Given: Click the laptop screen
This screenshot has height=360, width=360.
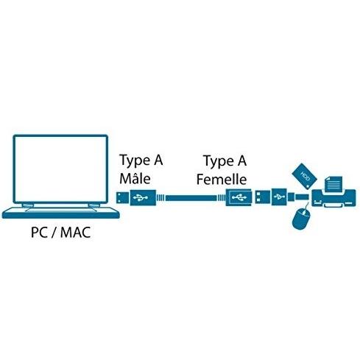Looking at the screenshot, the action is [x=60, y=169].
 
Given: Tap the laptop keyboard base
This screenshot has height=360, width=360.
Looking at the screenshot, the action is [x=60, y=213].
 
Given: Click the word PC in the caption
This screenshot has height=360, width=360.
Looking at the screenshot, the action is [x=39, y=232].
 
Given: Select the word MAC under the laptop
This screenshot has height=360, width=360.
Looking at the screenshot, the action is [x=76, y=232].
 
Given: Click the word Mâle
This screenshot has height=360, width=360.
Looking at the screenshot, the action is [x=135, y=178].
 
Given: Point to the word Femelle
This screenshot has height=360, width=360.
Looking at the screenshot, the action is [x=222, y=179].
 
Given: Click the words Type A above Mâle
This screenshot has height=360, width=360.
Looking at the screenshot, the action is [x=141, y=160].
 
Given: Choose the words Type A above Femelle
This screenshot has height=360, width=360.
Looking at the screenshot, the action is [x=225, y=161].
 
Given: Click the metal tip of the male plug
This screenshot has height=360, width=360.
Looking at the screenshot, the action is [x=122, y=197].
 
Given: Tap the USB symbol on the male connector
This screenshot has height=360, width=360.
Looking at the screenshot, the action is [x=141, y=197].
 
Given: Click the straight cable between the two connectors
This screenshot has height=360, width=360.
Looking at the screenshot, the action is [x=191, y=198].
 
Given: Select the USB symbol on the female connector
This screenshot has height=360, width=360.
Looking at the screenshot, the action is [x=239, y=197].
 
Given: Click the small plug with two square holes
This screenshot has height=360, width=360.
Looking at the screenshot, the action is [x=262, y=197].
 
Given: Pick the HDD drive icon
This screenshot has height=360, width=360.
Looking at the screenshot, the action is [x=304, y=176].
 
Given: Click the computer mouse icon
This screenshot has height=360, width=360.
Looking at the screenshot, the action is [x=301, y=218].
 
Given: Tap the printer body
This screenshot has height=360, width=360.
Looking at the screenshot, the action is [x=333, y=198].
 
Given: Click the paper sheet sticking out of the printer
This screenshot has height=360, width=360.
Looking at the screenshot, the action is [x=333, y=184].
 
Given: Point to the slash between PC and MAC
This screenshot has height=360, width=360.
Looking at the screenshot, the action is [x=54, y=233].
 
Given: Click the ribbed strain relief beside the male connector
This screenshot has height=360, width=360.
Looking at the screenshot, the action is [x=160, y=197].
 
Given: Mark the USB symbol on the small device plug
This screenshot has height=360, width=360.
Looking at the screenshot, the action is [x=279, y=197].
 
